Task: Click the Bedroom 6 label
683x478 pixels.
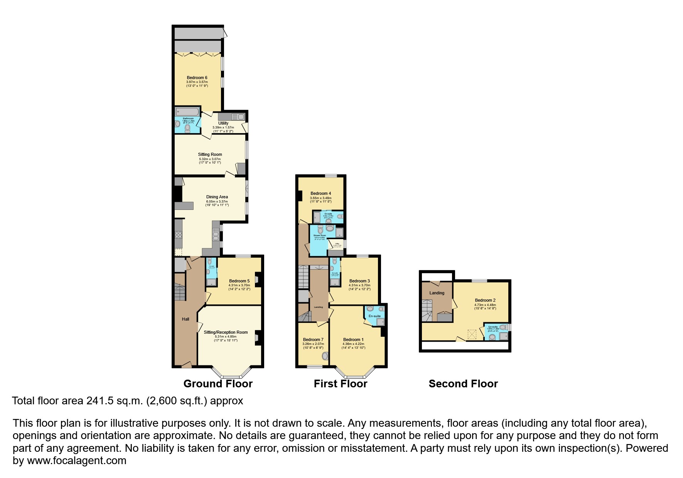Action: point(197,78)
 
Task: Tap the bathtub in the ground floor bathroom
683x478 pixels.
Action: point(187,112)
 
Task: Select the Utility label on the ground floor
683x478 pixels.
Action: point(223,123)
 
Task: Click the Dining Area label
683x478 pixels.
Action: point(217,197)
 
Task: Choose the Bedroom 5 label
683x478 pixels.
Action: point(239,281)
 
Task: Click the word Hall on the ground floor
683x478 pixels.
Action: point(186,319)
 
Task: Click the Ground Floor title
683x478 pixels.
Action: point(218,383)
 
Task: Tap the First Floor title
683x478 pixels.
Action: point(340,383)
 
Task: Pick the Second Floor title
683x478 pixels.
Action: point(463,383)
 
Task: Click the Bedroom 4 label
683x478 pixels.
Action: point(321,193)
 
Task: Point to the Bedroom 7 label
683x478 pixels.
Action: point(313,339)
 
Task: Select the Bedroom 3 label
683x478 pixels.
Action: point(359,281)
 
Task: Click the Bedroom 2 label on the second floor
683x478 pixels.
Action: point(485,300)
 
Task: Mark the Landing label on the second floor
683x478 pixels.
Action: point(437,293)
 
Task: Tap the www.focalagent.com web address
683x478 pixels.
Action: point(76,460)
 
